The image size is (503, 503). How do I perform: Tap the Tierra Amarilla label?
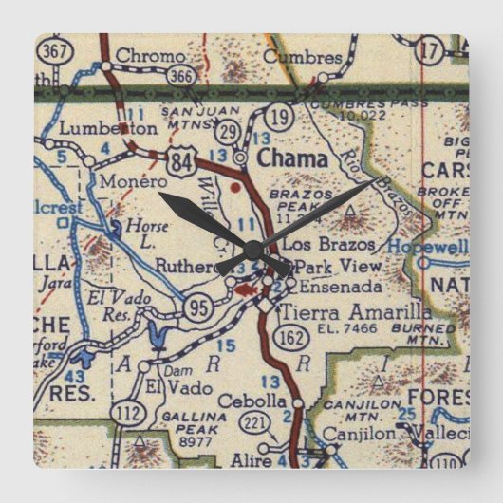(x=355, y=312)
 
